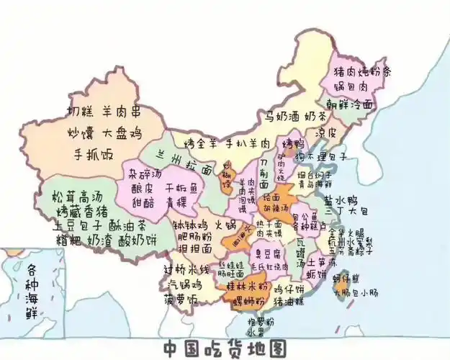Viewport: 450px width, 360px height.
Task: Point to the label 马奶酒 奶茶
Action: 294,115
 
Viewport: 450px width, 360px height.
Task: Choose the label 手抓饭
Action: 94,155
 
